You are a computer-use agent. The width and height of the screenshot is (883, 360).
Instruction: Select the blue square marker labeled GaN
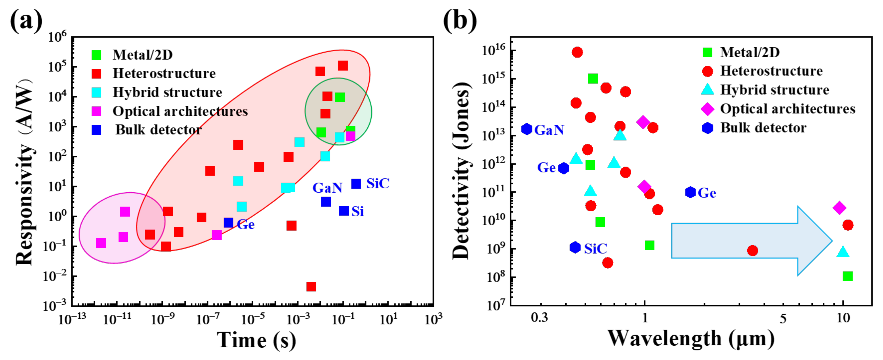tap(326, 202)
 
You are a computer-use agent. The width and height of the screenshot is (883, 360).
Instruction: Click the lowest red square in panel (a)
tap(311, 286)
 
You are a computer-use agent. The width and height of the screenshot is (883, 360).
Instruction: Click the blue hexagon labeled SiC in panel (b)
tap(575, 247)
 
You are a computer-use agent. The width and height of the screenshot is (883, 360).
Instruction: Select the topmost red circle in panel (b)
tap(577, 52)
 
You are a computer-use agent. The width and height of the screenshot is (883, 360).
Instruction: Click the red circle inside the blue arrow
tap(752, 251)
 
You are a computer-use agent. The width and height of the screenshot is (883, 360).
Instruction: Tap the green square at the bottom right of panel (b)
tap(847, 276)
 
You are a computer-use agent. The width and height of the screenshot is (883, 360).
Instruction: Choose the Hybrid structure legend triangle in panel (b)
tap(707, 90)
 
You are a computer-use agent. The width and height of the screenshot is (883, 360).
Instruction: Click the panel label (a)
tap(26, 21)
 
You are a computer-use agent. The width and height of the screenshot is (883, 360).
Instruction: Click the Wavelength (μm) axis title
tap(691, 339)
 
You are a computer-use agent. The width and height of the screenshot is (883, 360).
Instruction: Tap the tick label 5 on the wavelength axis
tap(783, 318)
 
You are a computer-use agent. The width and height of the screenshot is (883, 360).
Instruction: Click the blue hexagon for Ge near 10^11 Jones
tap(690, 192)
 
